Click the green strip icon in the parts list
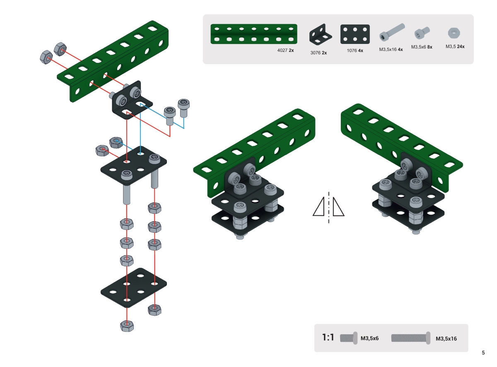pyautogui.click(x=253, y=34)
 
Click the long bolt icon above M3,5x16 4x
pyautogui.click(x=391, y=32)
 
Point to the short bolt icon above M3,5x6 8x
pyautogui.click(x=422, y=32)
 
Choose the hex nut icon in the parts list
pyautogui.click(x=454, y=32)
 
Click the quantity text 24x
pyautogui.click(x=461, y=47)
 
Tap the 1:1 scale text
pyautogui.click(x=328, y=338)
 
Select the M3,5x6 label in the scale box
pyautogui.click(x=369, y=338)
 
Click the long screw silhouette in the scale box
pyautogui.click(x=410, y=338)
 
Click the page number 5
pyautogui.click(x=483, y=353)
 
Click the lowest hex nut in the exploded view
pyautogui.click(x=127, y=326)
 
